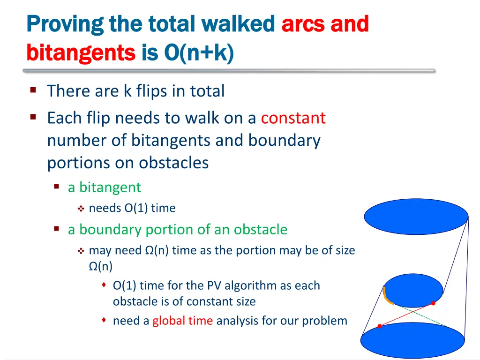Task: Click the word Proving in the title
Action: click(64, 24)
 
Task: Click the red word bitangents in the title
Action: click(81, 52)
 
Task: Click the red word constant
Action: click(293, 118)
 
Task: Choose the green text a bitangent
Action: click(104, 187)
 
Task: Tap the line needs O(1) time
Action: click(132, 208)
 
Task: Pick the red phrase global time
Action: click(182, 321)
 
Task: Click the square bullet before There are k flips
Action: click(33, 90)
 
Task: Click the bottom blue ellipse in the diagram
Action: click(412, 340)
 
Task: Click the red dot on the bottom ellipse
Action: click(380, 326)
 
